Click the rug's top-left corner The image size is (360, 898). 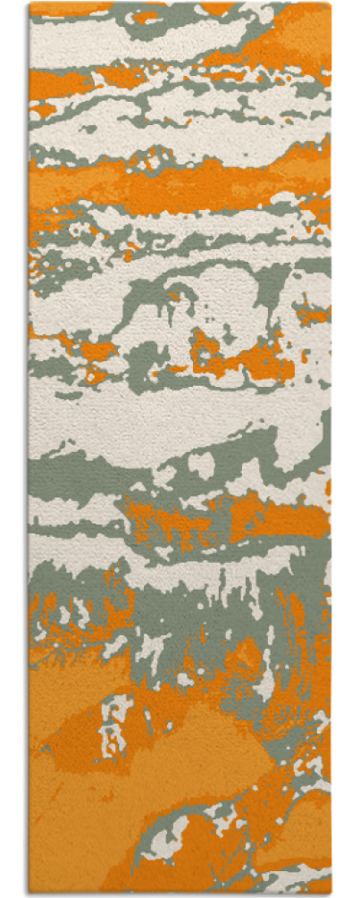coord(29,4)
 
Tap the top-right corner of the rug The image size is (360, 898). coord(330,4)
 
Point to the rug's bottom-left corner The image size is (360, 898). coord(29,894)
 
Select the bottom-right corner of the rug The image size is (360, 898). coord(330,894)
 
